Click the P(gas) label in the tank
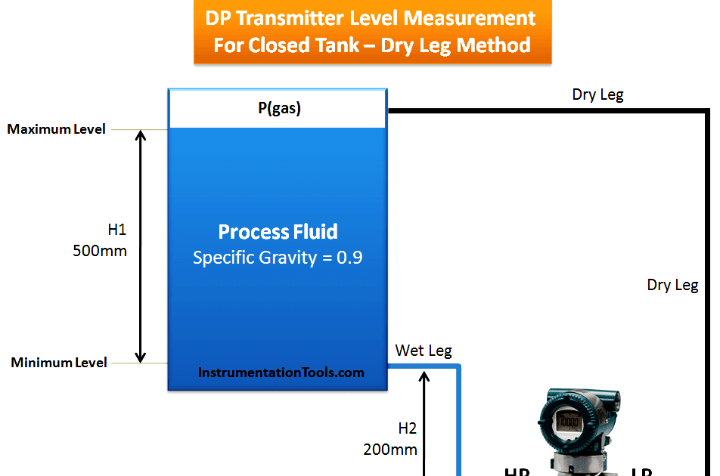click(278, 109)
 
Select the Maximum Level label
click(57, 129)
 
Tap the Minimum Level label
click(59, 363)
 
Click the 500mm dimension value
click(100, 251)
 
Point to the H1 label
click(117, 227)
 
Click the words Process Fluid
click(278, 232)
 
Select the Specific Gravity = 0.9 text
click(278, 258)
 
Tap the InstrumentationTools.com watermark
click(281, 372)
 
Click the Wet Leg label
click(424, 351)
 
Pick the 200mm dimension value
click(390, 449)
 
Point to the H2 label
click(408, 428)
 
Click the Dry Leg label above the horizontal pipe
click(597, 94)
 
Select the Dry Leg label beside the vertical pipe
click(672, 285)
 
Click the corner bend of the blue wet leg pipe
click(458, 367)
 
